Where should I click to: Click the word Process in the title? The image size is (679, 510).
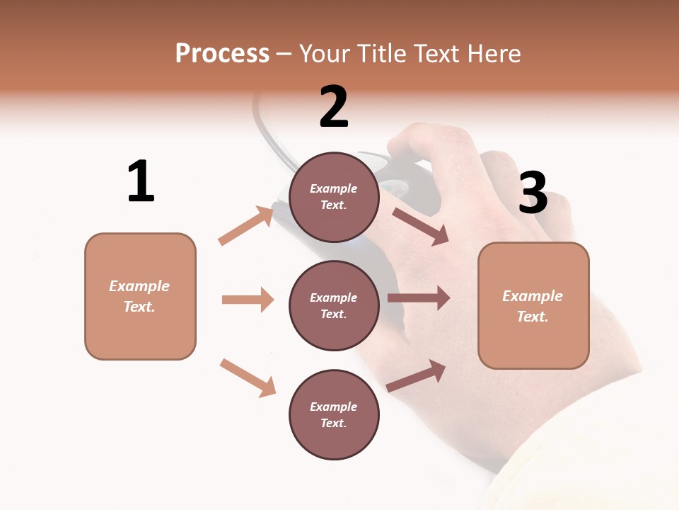pos(222,54)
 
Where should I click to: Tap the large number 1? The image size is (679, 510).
pos(141,182)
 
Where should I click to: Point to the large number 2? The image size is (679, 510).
pos(334,108)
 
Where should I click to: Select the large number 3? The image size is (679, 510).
pos(533,193)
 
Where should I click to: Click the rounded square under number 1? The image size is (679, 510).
pos(140,296)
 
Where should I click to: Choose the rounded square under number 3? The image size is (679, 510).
pos(533,305)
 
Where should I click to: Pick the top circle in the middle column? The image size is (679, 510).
pos(334,197)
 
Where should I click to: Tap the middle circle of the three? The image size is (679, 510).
pos(334,305)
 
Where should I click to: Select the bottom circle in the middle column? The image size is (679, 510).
pos(334,414)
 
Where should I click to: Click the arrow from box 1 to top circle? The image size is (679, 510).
pos(246,225)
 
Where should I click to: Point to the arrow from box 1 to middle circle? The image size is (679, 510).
pos(248,300)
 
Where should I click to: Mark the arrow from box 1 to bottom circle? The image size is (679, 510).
pos(248,378)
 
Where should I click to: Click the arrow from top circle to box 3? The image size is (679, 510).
pos(420,226)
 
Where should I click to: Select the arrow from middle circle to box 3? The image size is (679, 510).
pos(419,298)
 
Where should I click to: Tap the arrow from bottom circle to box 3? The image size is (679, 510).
pos(417,375)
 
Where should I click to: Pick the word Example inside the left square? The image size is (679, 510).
pos(139,286)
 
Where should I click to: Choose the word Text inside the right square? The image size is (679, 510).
pos(533,317)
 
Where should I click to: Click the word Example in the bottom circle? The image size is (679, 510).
pos(334,407)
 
